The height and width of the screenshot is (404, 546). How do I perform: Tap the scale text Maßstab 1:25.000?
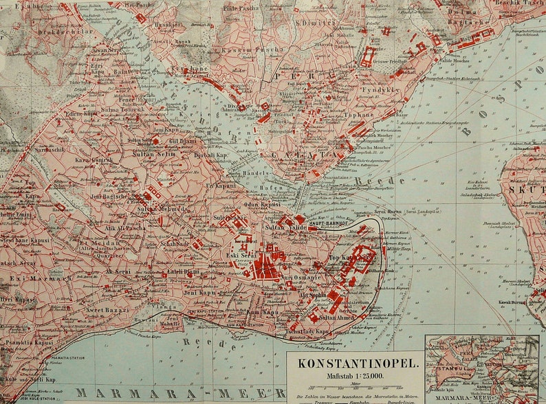pyautogui.click(x=355, y=375)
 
